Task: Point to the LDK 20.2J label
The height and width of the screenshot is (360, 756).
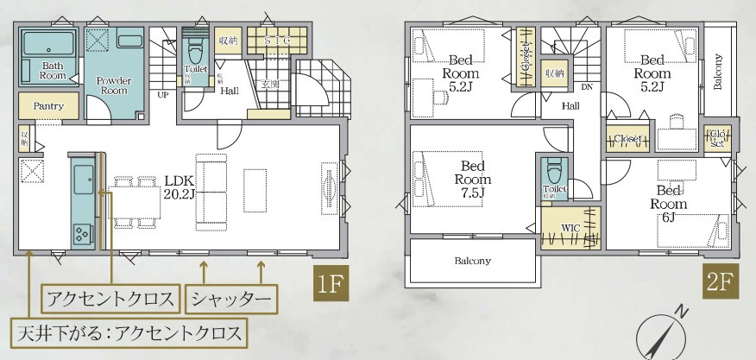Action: point(181,188)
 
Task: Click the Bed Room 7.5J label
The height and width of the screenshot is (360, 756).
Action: point(473,179)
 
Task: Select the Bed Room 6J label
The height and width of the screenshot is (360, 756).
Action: point(671,198)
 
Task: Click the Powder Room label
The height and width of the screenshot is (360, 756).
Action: point(114,85)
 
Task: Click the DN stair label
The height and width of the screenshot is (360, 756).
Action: point(586,87)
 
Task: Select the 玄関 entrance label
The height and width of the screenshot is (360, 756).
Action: point(268,85)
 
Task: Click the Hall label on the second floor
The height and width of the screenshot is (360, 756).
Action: point(570,105)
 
